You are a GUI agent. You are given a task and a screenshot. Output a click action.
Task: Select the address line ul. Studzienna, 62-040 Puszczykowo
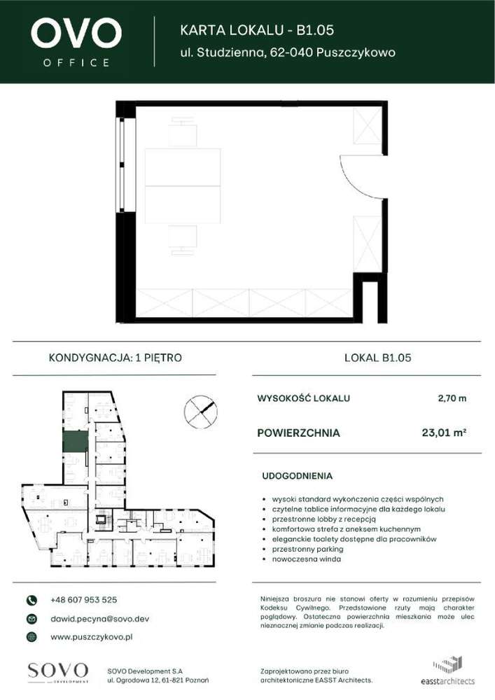pyautogui.click(x=288, y=52)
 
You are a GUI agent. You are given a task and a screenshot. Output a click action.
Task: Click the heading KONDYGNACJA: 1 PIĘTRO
pyautogui.click(x=115, y=358)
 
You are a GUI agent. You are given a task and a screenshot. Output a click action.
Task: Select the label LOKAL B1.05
pyautogui.click(x=377, y=358)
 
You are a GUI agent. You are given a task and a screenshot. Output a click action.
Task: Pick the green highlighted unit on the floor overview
pyautogui.click(x=75, y=441)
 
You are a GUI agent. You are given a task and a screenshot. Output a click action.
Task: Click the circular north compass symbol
pyautogui.click(x=200, y=411)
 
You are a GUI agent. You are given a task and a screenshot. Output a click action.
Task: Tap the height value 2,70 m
pyautogui.click(x=452, y=399)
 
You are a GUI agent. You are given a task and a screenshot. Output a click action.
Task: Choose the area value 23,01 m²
pyautogui.click(x=444, y=433)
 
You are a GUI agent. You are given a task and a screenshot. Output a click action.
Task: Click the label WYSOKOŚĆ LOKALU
pyautogui.click(x=304, y=399)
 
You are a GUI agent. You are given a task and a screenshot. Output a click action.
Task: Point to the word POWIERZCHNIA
pyautogui.click(x=299, y=433)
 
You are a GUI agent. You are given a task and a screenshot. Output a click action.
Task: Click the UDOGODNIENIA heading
pyautogui.click(x=297, y=476)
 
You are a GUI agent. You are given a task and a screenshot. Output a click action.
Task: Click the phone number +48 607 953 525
pyautogui.click(x=83, y=600)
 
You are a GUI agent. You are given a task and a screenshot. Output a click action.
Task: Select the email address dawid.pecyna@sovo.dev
pyautogui.click(x=99, y=619)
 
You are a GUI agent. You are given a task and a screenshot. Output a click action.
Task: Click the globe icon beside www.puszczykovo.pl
pyautogui.click(x=32, y=637)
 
